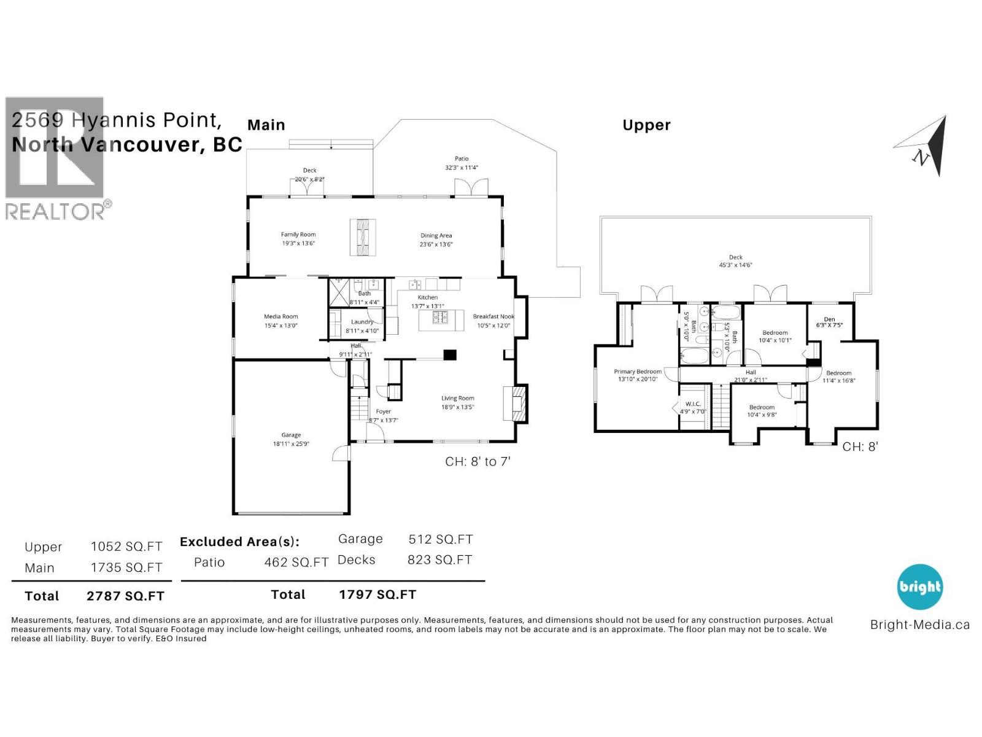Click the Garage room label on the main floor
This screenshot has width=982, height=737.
(x=291, y=435)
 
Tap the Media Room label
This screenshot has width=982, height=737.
(x=280, y=316)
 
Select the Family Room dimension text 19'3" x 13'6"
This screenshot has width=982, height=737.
(x=298, y=243)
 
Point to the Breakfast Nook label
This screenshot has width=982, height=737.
(x=493, y=316)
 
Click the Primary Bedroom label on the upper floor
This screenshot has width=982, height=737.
(x=638, y=372)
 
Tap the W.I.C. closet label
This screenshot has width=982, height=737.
(x=693, y=404)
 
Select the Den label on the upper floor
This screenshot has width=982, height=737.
(x=829, y=319)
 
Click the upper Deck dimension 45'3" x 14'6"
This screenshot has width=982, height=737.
(x=735, y=265)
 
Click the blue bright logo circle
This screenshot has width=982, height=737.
(x=919, y=587)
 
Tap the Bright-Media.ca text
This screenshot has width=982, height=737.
(x=919, y=625)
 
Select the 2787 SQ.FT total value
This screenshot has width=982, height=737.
(x=125, y=596)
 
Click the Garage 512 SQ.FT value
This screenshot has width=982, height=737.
(x=440, y=539)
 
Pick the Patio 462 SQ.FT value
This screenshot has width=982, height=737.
(x=296, y=562)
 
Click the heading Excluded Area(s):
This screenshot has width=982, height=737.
(x=239, y=542)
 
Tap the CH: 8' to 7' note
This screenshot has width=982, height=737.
(x=477, y=461)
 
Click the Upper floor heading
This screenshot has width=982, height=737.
(x=646, y=125)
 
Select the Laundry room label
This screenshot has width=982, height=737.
(x=362, y=322)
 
